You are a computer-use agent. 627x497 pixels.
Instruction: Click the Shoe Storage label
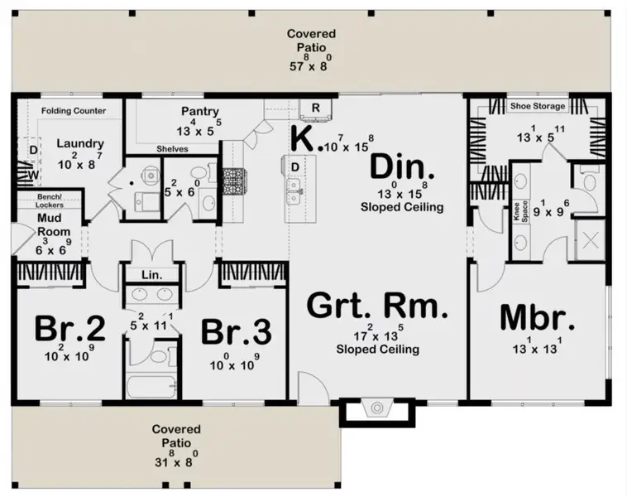[538, 106]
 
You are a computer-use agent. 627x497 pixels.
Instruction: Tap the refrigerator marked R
[316, 109]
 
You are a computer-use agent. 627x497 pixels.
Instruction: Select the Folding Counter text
[74, 110]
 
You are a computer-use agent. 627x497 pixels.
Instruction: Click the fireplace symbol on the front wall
[377, 408]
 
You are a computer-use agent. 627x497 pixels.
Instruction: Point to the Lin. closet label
[152, 275]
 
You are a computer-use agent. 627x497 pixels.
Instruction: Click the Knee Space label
[520, 211]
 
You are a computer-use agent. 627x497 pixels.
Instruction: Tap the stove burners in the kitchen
[233, 182]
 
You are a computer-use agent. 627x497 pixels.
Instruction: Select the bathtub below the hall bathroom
[151, 386]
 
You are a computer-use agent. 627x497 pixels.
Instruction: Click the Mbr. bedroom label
[537, 317]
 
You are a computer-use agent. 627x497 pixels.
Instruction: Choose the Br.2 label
[70, 328]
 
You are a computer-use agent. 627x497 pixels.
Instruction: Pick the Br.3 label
[237, 331]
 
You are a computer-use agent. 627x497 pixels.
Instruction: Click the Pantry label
[200, 111]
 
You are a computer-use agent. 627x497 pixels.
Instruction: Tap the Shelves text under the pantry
[172, 149]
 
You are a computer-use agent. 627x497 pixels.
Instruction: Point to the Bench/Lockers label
[50, 201]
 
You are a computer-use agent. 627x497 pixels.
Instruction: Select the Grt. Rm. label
[377, 306]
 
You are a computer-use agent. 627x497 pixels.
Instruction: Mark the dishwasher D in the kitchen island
[295, 167]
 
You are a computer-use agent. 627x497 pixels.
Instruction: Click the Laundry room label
[80, 143]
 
